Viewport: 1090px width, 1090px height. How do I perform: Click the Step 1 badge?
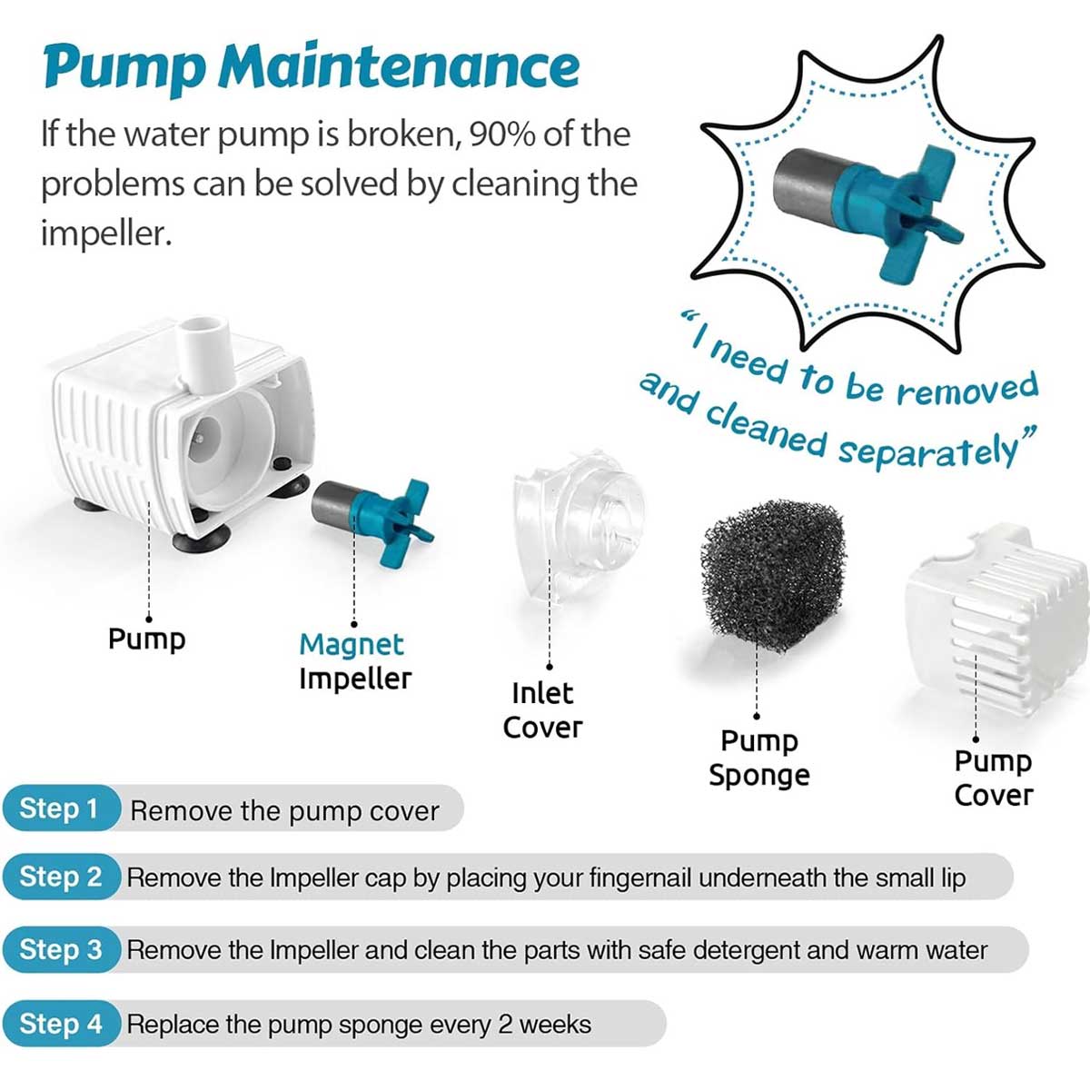click(x=60, y=808)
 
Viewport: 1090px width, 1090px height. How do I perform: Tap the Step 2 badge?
click(x=62, y=877)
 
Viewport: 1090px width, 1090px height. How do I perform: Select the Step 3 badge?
click(x=62, y=950)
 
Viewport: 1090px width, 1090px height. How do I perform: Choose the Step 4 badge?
click(x=62, y=1024)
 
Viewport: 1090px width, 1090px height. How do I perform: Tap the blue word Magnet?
click(x=351, y=644)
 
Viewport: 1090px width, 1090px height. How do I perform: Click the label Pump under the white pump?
click(x=146, y=639)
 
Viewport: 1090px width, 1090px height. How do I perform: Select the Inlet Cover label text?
click(x=542, y=710)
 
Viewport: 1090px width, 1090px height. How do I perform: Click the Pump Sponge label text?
click(x=759, y=758)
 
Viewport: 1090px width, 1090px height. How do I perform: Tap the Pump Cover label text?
click(x=994, y=778)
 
